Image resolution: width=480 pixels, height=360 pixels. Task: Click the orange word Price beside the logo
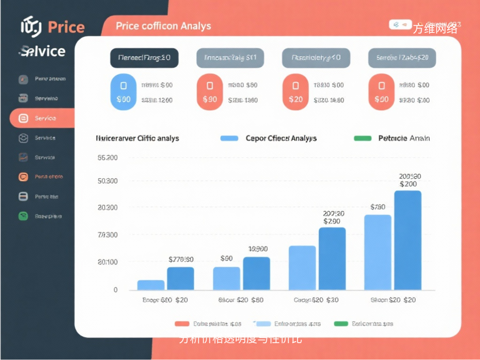pos(66,27)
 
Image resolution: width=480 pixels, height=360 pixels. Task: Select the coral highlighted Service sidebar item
pos(42,118)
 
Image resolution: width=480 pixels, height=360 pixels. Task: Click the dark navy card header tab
pos(144,58)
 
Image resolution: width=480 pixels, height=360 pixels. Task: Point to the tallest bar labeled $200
pos(408,240)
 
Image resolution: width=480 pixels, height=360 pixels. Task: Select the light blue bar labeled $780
pos(377,252)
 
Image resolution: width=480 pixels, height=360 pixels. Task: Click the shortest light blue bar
pos(150,285)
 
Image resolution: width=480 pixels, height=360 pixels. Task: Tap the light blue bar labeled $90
pos(226,278)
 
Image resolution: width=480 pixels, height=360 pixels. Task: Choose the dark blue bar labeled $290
pos(332,259)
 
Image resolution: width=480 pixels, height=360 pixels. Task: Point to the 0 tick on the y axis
pos(115,290)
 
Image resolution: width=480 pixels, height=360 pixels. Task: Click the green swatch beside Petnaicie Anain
pos(362,138)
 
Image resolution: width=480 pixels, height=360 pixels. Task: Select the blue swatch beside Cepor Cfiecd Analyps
pos(229,138)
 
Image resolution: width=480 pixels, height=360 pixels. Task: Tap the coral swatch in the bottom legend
pos(182,323)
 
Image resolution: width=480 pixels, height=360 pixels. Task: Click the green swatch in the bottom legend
pos(341,323)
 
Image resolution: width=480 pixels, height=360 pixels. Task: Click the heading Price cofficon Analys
pos(163,26)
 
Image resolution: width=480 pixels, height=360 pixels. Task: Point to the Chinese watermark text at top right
pos(435,29)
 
